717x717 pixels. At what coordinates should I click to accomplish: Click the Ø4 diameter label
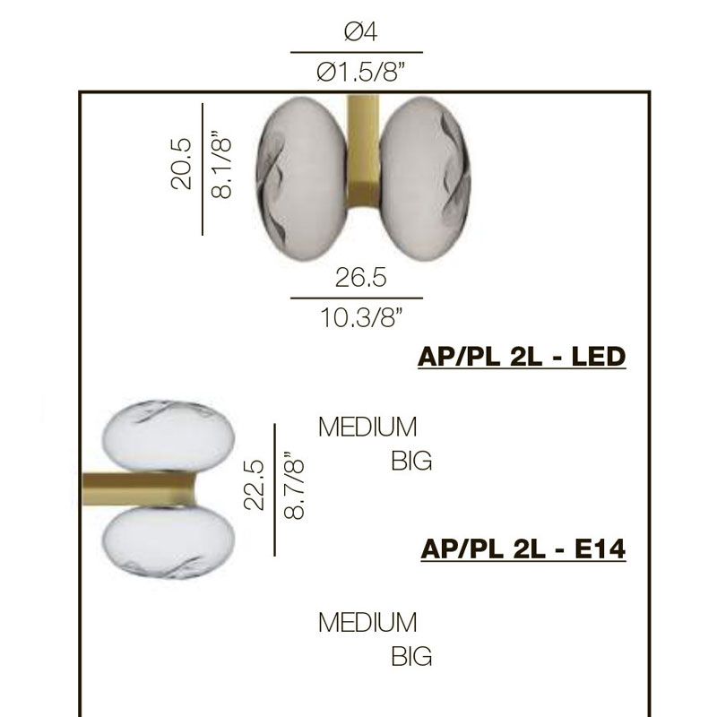coord(361,32)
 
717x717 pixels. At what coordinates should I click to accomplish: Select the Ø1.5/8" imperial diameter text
coord(361,73)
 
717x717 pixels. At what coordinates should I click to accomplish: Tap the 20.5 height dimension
coord(181,163)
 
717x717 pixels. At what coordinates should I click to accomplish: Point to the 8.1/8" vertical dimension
coord(221,165)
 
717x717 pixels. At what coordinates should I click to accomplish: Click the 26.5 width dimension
coord(361,278)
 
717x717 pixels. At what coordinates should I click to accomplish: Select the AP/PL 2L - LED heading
coord(522,357)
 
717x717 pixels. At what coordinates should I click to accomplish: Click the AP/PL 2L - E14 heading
coord(523,549)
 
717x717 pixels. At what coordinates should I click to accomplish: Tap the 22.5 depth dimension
coord(254,485)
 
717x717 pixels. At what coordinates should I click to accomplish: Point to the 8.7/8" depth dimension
coord(294,486)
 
